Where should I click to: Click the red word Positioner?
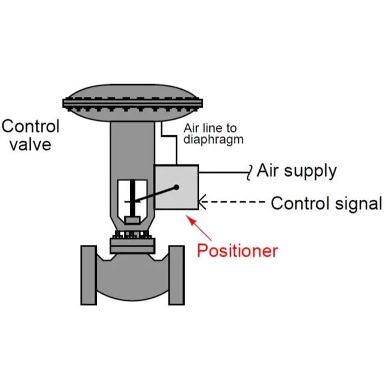238,250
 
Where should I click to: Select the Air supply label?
297,171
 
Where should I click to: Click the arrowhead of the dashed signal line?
203,203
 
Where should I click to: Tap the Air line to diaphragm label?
211,133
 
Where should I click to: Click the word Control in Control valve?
30,126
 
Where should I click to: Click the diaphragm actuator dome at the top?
135,99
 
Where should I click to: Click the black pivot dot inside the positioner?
177,188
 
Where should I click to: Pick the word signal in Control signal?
354,203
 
